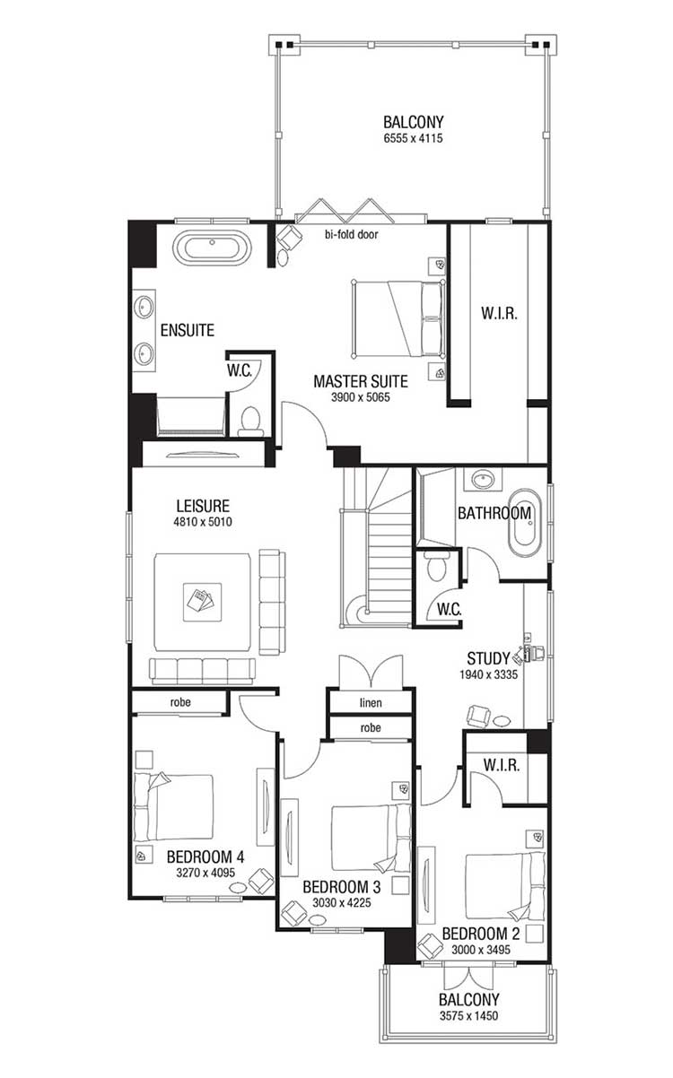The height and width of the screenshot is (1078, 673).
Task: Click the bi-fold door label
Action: pos(352,234)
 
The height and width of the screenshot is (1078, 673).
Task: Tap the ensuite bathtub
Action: pos(212,248)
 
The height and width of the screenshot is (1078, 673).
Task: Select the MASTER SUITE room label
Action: pos(361,382)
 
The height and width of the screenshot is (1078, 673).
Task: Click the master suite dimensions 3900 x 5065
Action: pos(361,397)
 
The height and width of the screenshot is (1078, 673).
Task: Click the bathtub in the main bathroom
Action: pos(525,524)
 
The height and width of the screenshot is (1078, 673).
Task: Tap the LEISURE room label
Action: pos(203,506)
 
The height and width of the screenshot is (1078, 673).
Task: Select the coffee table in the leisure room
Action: pos(202,602)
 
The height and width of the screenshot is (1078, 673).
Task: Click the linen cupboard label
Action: pos(371,703)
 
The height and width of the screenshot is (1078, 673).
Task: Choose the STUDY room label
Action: pos(489,658)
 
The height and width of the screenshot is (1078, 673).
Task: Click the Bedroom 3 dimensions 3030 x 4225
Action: pos(342,903)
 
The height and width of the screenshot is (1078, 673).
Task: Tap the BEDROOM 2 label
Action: pos(481,935)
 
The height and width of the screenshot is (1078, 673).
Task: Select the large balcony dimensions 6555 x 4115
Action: pos(413,139)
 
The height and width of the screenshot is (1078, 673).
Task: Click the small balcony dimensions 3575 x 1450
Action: pos(469,1016)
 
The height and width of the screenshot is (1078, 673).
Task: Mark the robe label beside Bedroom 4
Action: pos(180,702)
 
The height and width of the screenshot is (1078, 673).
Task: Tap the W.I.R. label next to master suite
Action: pos(499,314)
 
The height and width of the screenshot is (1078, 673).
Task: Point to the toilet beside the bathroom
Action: pos(437,566)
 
